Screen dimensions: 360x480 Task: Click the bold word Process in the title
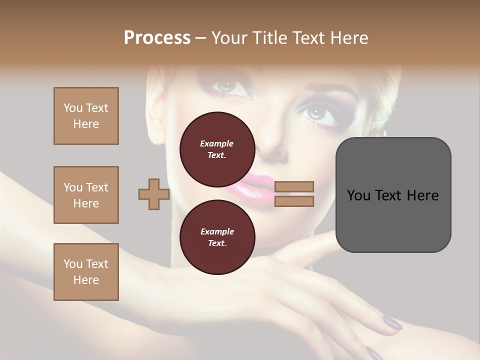point(157,38)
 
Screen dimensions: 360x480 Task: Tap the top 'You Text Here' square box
point(86,116)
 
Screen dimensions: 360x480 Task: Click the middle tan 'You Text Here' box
point(86,195)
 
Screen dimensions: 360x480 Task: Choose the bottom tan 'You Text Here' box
point(86,272)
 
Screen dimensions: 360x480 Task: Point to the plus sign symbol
point(153,194)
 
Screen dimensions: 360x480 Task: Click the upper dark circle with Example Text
point(217,149)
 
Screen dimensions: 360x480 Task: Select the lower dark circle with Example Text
point(217,237)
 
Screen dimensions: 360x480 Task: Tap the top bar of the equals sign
point(294,187)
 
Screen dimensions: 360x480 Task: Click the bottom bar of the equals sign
point(294,201)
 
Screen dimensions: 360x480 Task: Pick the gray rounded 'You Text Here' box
point(393,194)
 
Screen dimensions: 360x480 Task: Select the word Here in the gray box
point(422,195)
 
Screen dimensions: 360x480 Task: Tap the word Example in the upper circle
point(216,143)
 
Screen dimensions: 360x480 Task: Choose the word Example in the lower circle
point(217,231)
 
